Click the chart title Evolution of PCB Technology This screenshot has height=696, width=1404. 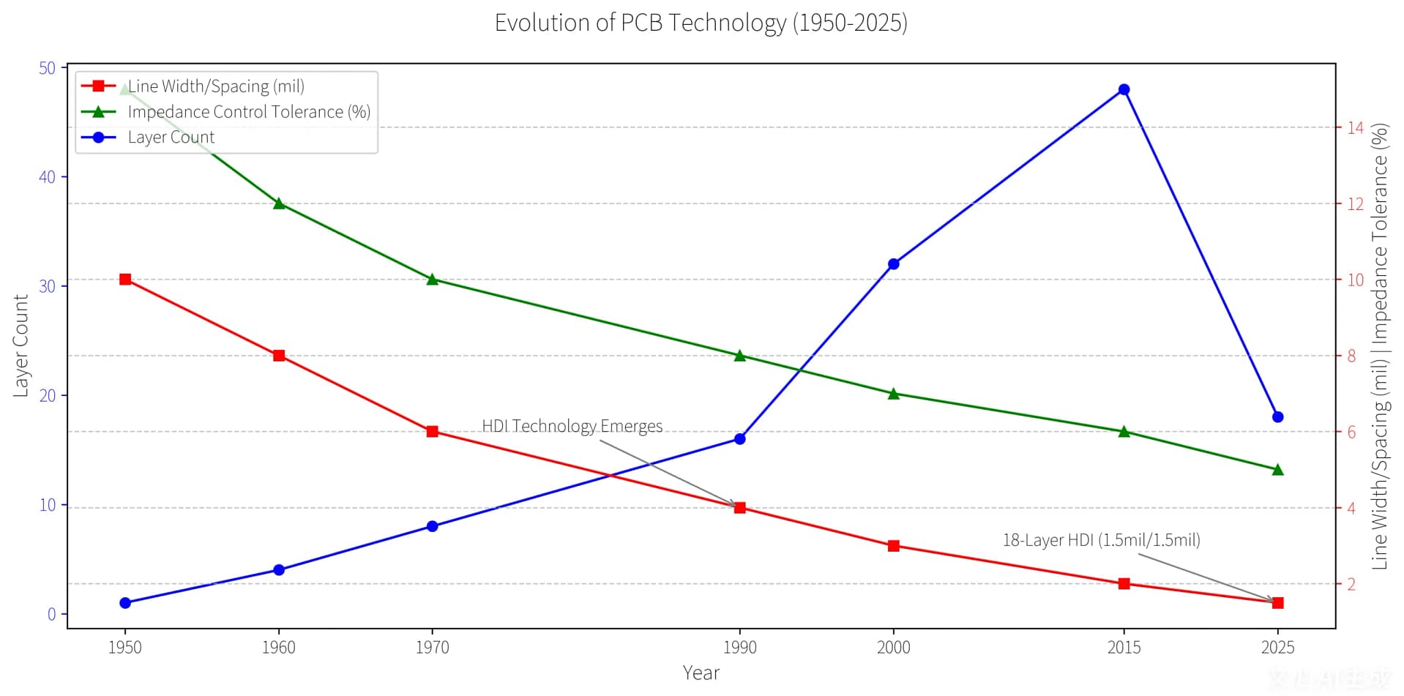tap(701, 23)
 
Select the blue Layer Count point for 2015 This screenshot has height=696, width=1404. tap(1124, 89)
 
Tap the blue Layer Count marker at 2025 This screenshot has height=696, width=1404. tap(1277, 417)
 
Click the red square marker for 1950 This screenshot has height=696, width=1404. tap(125, 280)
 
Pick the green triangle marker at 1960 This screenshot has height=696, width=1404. tap(279, 203)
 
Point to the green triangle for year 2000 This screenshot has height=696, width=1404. tap(893, 394)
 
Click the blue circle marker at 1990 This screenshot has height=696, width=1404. tap(739, 439)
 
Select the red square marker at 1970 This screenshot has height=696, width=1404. tap(432, 432)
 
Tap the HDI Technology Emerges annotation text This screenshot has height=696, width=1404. tap(572, 426)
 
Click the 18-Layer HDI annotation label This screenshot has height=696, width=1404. tap(1101, 540)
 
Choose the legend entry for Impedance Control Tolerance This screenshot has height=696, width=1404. tap(248, 112)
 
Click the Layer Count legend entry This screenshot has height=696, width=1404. tap(171, 138)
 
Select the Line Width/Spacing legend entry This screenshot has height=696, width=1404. tap(215, 86)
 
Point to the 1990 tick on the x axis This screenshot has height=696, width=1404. tap(739, 647)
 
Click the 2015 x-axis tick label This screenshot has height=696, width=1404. tap(1124, 647)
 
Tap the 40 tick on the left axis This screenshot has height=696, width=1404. tap(47, 177)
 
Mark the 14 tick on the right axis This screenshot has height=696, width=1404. tap(1355, 127)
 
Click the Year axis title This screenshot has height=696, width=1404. tap(701, 673)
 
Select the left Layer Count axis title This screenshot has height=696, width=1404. tap(20, 345)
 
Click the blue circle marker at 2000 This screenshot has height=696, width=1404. tap(893, 264)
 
